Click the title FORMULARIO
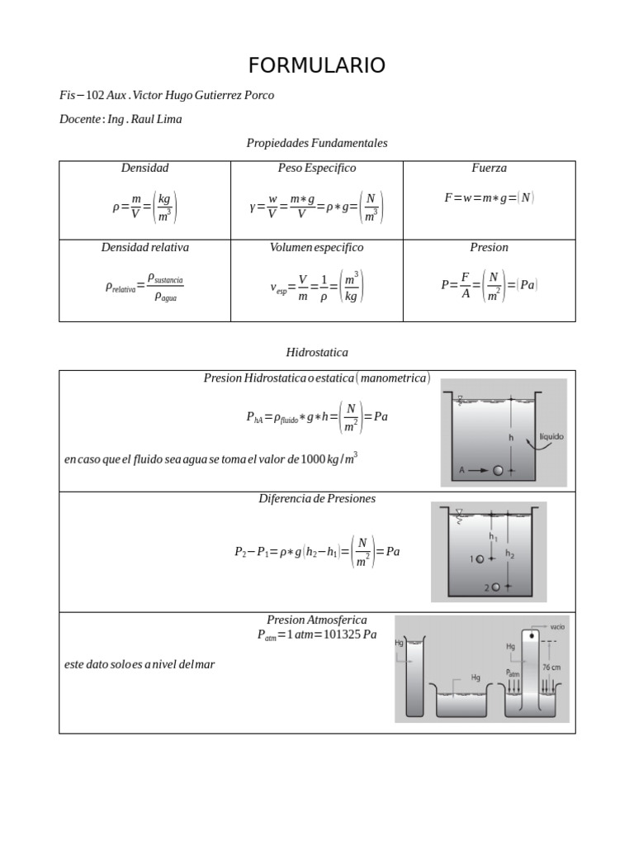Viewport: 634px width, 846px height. click(x=317, y=66)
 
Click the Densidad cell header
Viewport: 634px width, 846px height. click(x=144, y=168)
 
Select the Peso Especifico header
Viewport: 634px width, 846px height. click(x=317, y=168)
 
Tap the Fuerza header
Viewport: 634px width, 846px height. click(x=489, y=168)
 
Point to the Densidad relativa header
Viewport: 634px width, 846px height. click(x=144, y=247)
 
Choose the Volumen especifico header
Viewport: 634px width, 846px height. click(x=317, y=247)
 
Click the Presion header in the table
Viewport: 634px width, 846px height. click(x=489, y=247)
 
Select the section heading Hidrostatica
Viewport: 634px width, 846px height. click(x=317, y=352)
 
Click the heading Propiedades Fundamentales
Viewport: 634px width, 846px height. click(x=317, y=143)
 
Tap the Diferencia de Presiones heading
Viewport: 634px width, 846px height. click(x=317, y=498)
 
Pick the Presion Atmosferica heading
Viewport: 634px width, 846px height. click(x=317, y=620)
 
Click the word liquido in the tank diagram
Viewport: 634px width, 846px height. click(x=551, y=436)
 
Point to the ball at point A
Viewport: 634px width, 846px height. click(x=498, y=470)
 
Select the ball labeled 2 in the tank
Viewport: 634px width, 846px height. click(x=495, y=587)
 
